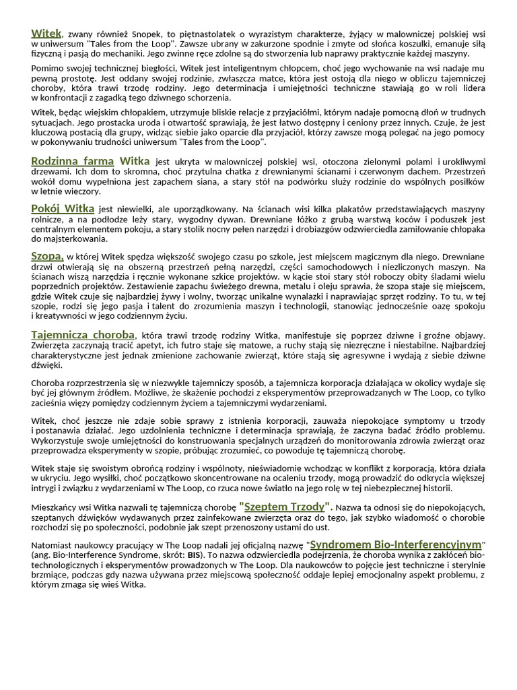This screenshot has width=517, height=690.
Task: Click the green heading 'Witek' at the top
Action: click(46, 33)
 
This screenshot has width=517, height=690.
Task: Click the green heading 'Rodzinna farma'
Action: click(73, 162)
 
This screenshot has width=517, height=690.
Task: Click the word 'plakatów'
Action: click(369, 210)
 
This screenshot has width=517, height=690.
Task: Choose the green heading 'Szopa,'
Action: click(47, 256)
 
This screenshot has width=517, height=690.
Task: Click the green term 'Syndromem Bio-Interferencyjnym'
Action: click(396, 544)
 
